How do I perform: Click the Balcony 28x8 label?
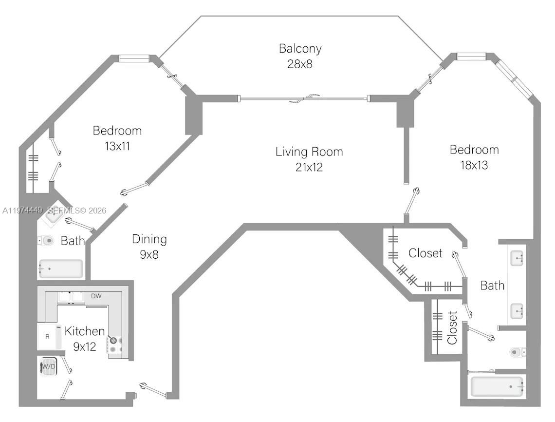coord(300,56)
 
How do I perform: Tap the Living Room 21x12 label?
coord(309,159)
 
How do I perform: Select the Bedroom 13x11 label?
coord(117,138)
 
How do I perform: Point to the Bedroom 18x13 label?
coord(474,157)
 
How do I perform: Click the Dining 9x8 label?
coord(149,246)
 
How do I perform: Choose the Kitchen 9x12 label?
coord(85,339)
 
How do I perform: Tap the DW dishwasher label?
coord(96,296)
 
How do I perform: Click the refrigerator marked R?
coord(48,337)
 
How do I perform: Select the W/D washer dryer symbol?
coord(48,367)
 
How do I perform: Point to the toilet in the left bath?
coord(46,241)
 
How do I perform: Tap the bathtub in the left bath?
coord(60,269)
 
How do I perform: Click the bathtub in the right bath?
coord(497,387)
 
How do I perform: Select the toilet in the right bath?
coord(517,351)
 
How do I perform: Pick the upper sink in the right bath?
coord(517,258)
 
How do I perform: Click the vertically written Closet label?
coord(452,327)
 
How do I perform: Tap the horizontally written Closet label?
coord(425,253)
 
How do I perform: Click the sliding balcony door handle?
coord(304,99)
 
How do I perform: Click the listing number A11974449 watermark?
coord(23,211)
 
